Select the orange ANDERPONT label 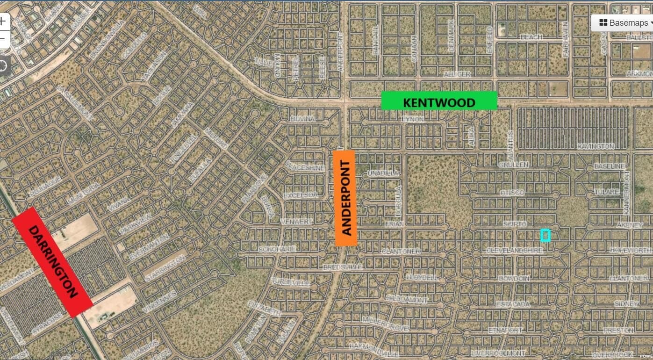click(346, 198)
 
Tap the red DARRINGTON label click(52, 262)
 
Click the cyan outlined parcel click(545, 235)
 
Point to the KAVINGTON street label click(596, 146)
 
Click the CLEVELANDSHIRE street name click(514, 251)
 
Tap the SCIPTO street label click(515, 224)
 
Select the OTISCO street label click(512, 193)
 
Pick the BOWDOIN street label click(514, 279)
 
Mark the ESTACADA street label click(513, 304)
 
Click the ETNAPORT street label click(505, 330)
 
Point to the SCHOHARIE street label click(277, 249)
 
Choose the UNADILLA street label click(383, 173)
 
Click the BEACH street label click(531, 37)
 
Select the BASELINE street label click(609, 166)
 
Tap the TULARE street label click(606, 192)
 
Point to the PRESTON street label click(618, 330)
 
